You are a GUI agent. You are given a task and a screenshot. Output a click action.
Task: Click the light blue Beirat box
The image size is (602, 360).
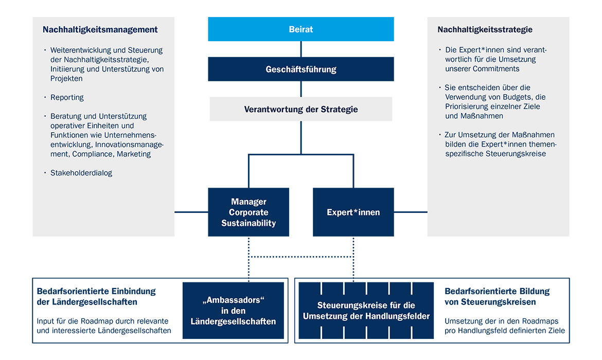(x=300, y=29)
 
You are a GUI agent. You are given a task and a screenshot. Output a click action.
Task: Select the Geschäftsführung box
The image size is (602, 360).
(x=300, y=69)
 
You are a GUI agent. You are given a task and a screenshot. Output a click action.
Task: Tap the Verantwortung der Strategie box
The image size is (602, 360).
(x=300, y=109)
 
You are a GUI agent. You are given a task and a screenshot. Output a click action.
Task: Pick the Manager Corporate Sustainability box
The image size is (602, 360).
(x=249, y=212)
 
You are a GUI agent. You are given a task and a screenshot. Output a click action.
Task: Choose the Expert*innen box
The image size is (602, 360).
(x=353, y=212)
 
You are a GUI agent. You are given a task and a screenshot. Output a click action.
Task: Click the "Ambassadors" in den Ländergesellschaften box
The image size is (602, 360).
(x=233, y=311)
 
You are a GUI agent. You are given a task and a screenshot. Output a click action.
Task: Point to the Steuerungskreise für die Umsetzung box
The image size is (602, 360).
(x=366, y=311)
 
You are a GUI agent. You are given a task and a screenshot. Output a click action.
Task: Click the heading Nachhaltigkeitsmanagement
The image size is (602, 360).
(x=100, y=30)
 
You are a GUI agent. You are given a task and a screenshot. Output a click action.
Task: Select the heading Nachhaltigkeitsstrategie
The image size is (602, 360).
(x=485, y=30)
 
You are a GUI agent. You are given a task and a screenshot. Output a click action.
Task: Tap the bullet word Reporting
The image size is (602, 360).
(x=67, y=98)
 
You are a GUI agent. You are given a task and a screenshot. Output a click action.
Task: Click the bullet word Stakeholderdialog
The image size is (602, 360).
(x=81, y=173)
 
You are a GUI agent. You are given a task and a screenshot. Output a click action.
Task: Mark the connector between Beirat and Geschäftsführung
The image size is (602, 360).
(x=301, y=49)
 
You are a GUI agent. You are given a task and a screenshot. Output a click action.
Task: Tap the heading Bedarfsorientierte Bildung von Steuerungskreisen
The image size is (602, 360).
(x=497, y=297)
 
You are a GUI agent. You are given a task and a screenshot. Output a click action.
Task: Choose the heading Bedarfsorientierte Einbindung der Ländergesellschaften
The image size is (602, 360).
(x=96, y=297)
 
